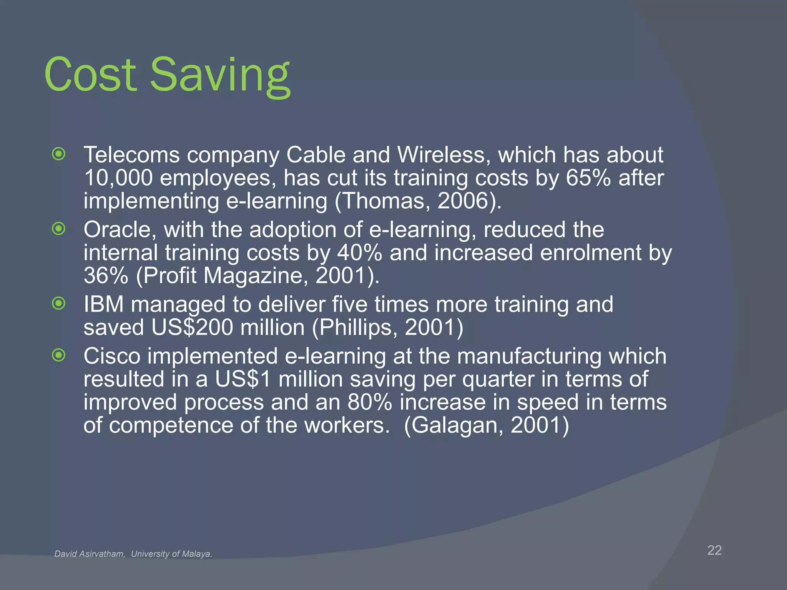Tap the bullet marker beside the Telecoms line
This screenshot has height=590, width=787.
pyautogui.click(x=59, y=154)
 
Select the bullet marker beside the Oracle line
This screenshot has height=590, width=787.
pyautogui.click(x=59, y=229)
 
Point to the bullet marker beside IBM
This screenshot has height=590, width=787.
pyautogui.click(x=59, y=304)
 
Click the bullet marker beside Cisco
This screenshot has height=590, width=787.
pyautogui.click(x=59, y=356)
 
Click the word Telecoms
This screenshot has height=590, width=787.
pyautogui.click(x=132, y=155)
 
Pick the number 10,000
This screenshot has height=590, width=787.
pyautogui.click(x=118, y=178)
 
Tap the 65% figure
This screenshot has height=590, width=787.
pyautogui.click(x=588, y=178)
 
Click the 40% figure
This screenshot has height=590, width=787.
pyautogui.click(x=360, y=253)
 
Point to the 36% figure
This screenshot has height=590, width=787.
pyautogui.click(x=106, y=275)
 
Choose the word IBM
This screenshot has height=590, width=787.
pyautogui.click(x=104, y=304)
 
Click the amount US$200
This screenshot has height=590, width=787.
pyautogui.click(x=192, y=327)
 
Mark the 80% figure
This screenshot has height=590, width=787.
pyautogui.click(x=370, y=402)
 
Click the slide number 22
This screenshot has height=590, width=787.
pyautogui.click(x=714, y=550)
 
